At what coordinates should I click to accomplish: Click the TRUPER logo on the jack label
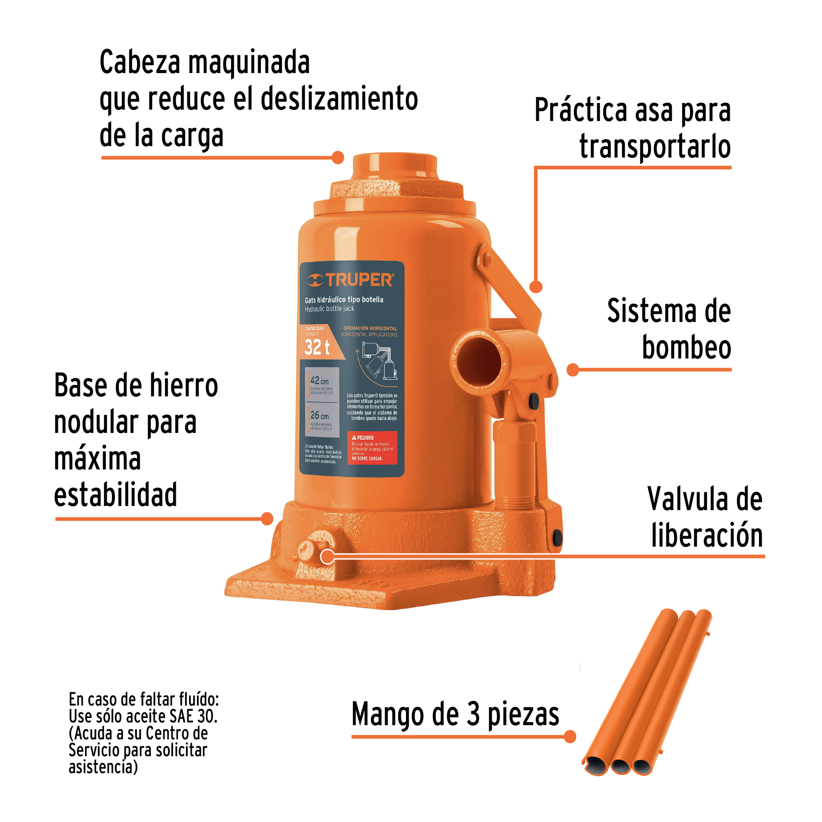(x=351, y=279)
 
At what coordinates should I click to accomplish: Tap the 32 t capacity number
(x=317, y=347)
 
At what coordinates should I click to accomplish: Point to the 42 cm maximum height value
(x=319, y=380)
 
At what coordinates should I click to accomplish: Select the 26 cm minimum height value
(x=319, y=415)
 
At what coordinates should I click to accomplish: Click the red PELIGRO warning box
(x=372, y=448)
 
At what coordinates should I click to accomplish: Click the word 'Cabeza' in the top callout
(x=140, y=62)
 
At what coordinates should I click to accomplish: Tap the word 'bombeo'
(x=686, y=348)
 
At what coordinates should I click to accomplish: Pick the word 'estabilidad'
(x=116, y=495)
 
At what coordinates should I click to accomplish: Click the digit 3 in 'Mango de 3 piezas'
(x=473, y=714)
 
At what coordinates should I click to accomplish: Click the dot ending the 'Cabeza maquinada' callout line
(x=338, y=158)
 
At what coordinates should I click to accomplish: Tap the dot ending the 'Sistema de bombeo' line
(x=573, y=370)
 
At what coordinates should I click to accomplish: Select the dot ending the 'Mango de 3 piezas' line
(x=570, y=737)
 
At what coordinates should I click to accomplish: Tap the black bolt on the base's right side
(x=558, y=537)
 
